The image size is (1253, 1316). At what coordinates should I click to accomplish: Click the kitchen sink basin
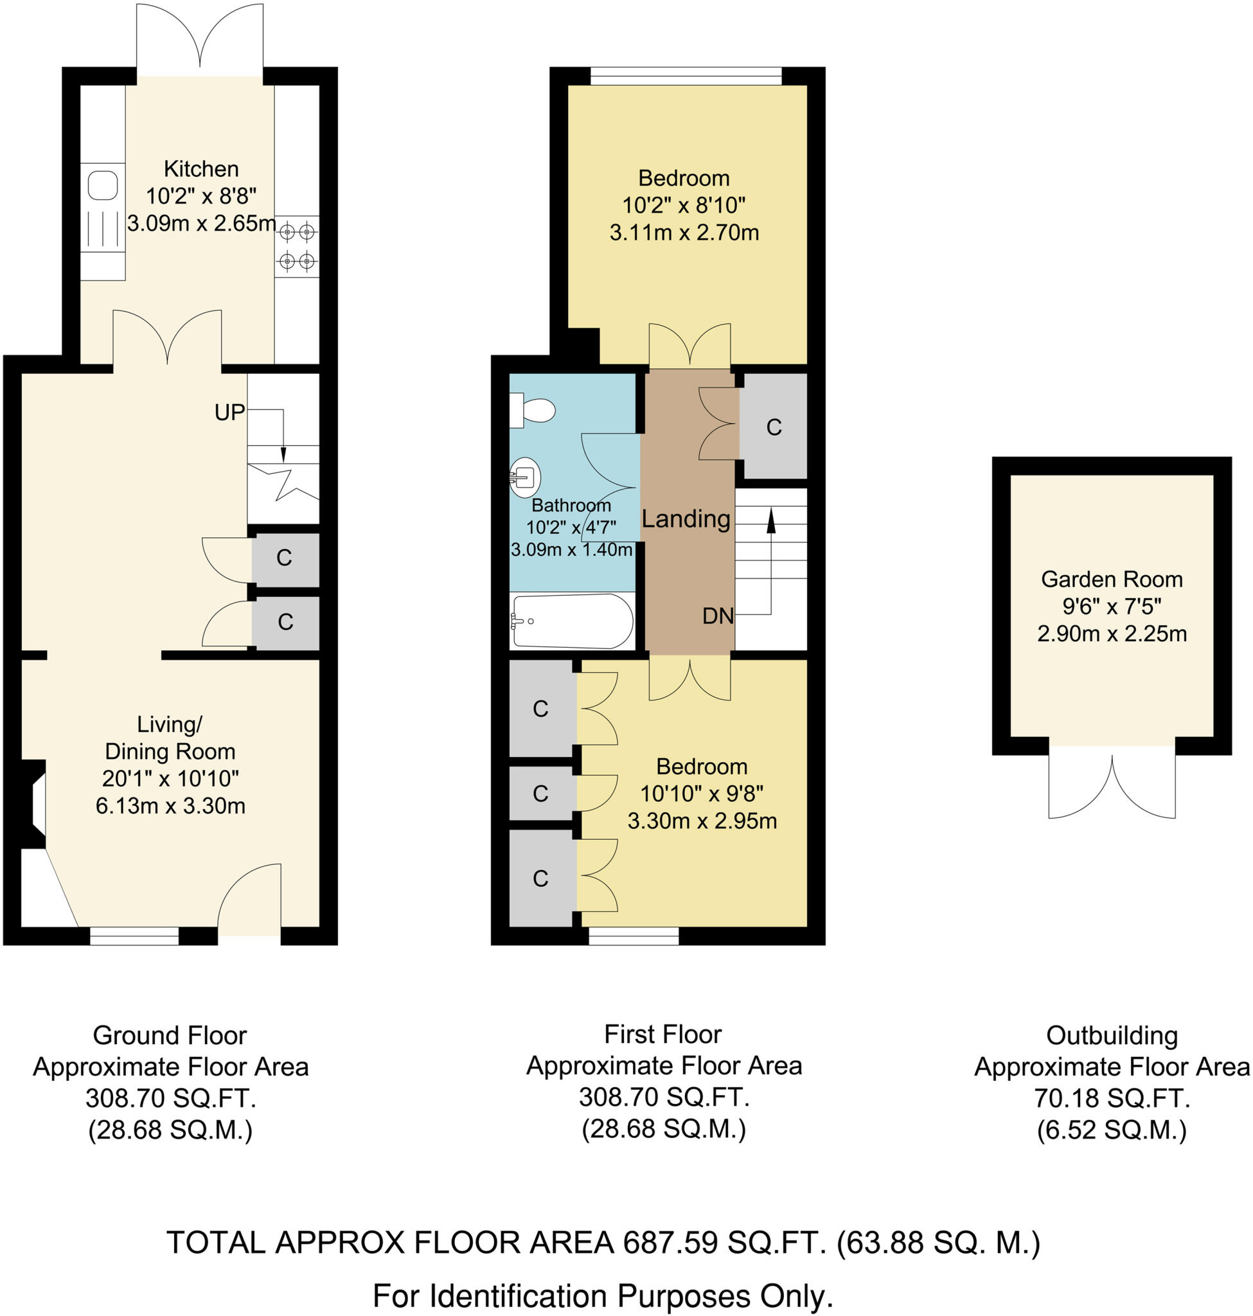103,185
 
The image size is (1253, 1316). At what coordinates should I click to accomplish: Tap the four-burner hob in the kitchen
297,246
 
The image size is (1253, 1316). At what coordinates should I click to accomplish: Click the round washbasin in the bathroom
525,477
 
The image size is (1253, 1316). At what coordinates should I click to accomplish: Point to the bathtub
573,621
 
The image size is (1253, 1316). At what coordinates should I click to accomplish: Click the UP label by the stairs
230,413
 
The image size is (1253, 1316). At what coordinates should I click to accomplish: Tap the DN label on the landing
717,616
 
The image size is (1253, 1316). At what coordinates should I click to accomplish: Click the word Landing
686,519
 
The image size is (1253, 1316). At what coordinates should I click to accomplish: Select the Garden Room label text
1112,579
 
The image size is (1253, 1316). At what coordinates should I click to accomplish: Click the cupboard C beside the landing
774,427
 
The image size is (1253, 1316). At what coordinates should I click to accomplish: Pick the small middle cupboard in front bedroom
540,793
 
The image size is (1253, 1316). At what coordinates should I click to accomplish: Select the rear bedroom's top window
686,76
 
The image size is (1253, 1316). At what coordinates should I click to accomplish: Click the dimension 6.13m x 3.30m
170,806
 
